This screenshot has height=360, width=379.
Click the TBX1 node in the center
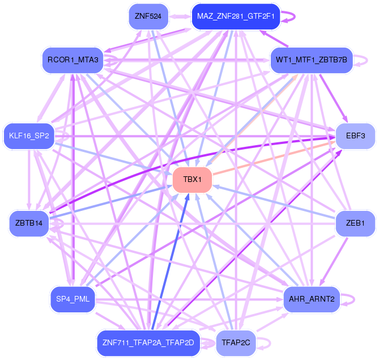click(x=192, y=180)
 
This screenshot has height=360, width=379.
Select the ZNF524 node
click(x=148, y=17)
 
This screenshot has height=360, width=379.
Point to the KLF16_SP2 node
click(x=29, y=136)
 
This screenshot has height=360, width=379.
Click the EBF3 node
click(x=356, y=136)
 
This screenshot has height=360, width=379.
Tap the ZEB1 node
click(x=355, y=223)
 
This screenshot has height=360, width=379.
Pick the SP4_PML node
click(x=73, y=298)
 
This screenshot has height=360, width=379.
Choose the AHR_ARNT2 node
click(x=311, y=298)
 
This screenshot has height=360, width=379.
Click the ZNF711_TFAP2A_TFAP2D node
click(x=148, y=342)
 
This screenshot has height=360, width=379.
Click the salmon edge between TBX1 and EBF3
click(x=278, y=158)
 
